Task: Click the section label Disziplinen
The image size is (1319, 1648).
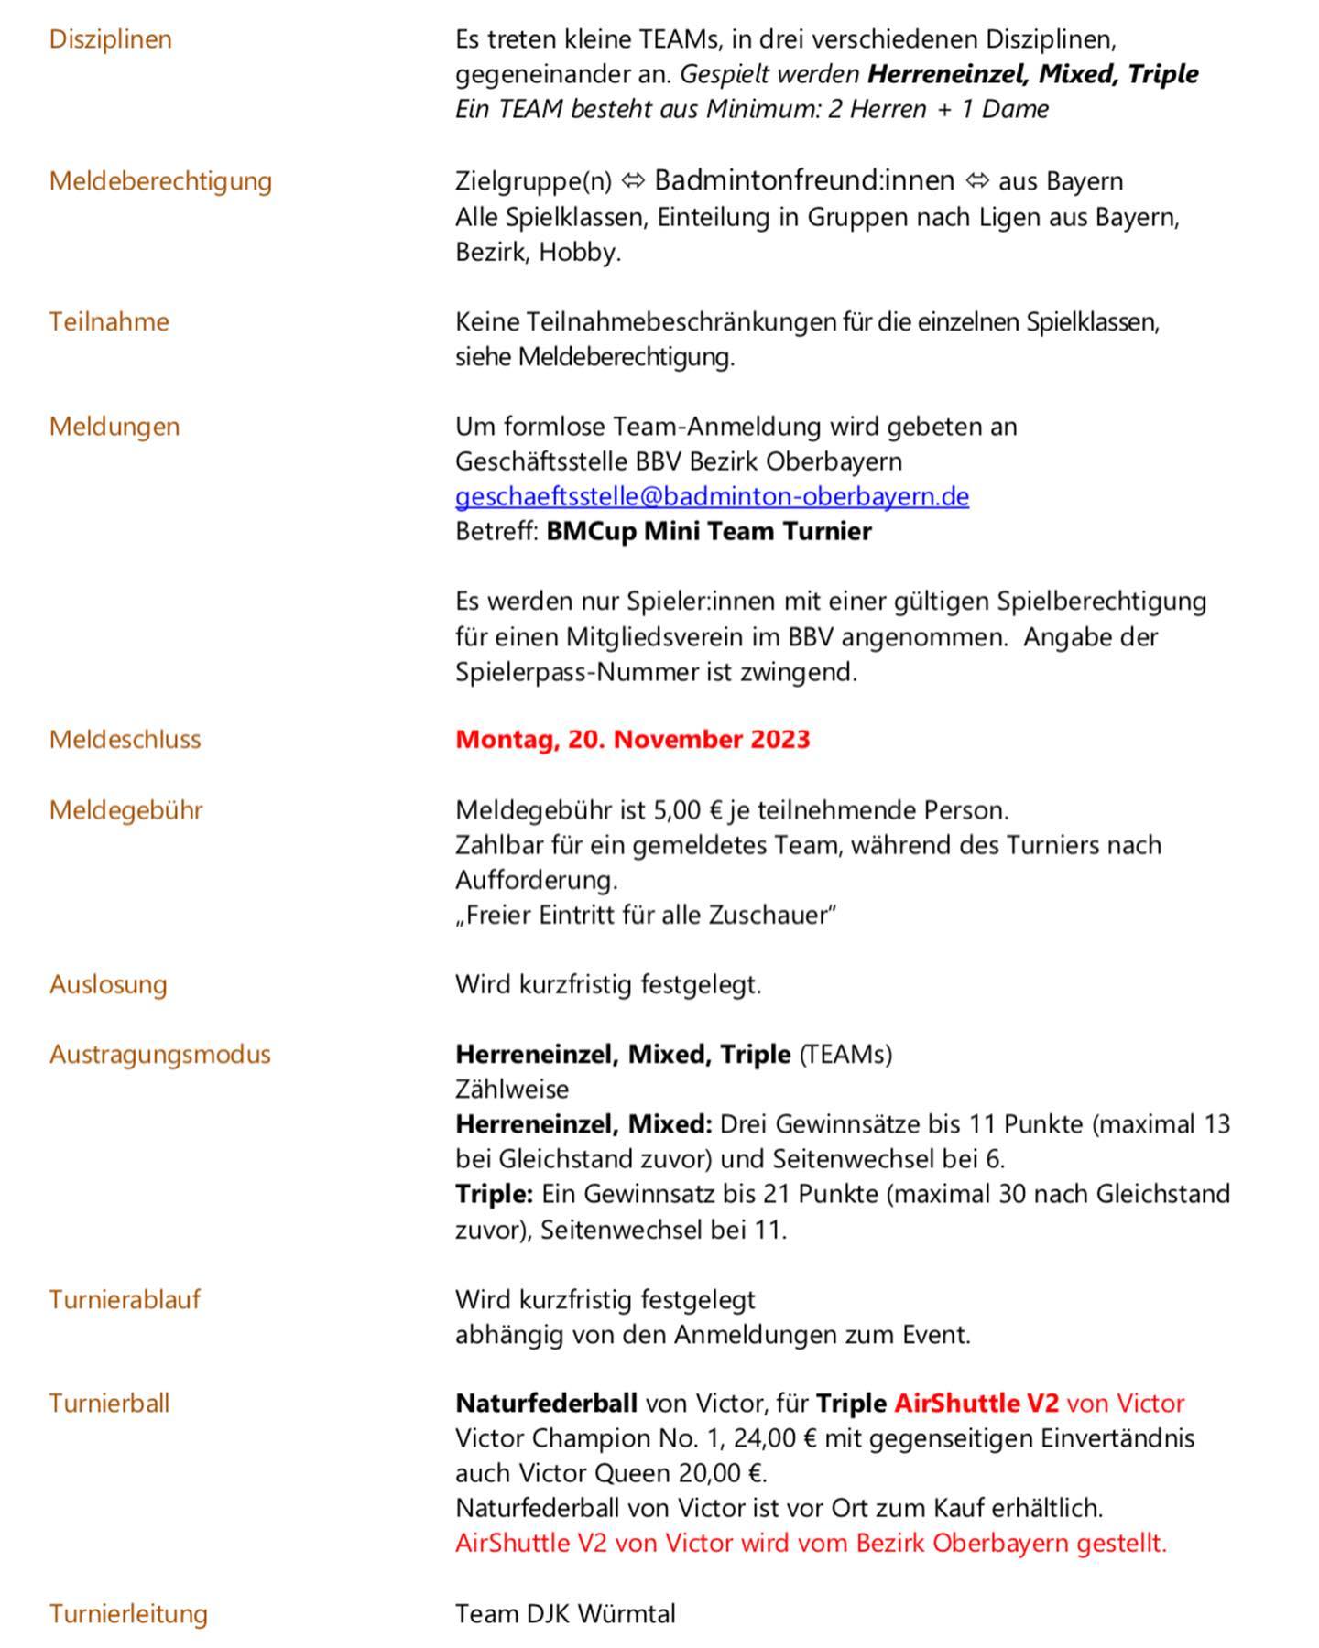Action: tap(110, 39)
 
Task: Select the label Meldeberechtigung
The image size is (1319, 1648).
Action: tap(160, 180)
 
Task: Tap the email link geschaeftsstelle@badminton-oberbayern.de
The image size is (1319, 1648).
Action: tap(712, 496)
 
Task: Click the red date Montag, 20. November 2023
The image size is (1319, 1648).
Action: tap(632, 739)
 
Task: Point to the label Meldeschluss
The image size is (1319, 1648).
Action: tap(125, 739)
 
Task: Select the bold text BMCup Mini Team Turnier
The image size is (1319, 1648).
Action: tap(708, 531)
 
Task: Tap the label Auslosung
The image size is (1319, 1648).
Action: tap(108, 984)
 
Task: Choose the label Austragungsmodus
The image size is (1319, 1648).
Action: tap(159, 1054)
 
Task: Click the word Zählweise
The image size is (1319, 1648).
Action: tap(511, 1090)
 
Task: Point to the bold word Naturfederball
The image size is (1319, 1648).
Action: tap(546, 1403)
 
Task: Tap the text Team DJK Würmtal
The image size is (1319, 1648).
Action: tap(565, 1613)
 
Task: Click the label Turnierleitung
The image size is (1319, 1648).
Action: tap(128, 1613)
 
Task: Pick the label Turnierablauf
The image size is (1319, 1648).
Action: tap(125, 1299)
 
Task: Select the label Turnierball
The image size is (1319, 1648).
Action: tap(109, 1403)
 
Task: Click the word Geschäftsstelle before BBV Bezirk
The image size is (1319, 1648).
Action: tap(541, 461)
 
